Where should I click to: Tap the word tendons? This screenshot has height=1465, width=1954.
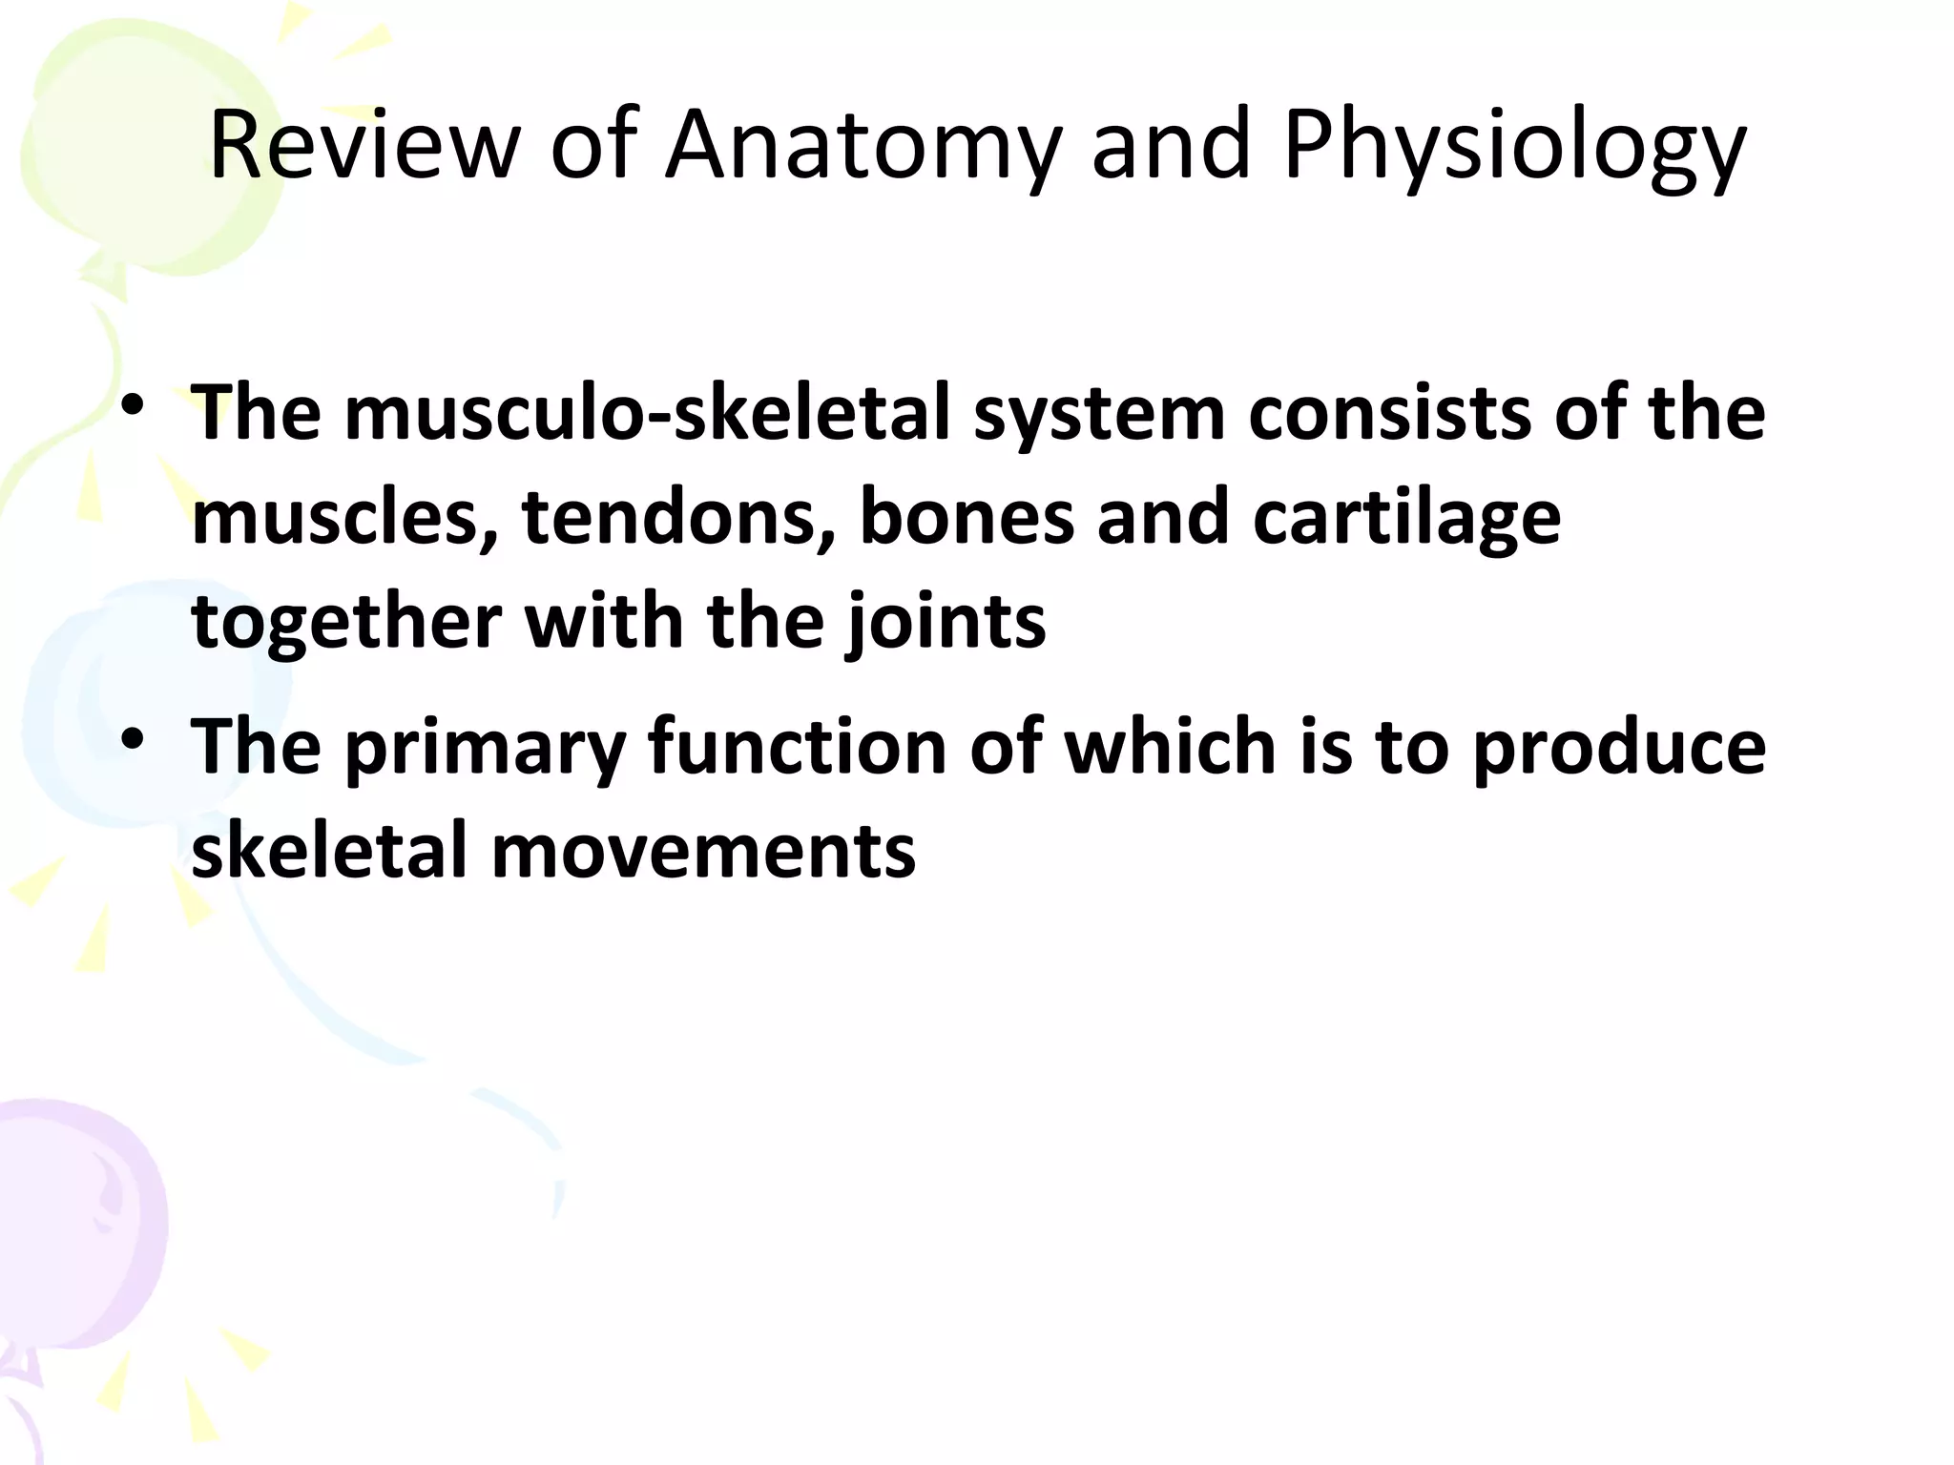pos(679,519)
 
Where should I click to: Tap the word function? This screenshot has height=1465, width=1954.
pos(798,746)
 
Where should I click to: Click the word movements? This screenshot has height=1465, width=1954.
pos(703,851)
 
